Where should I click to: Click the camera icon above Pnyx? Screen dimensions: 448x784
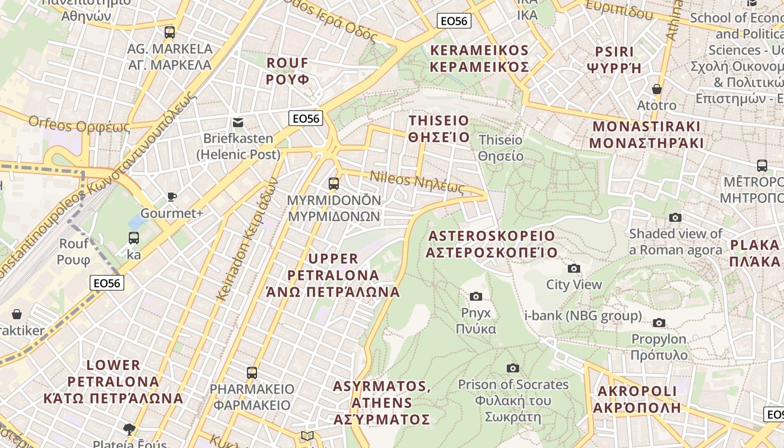point(476,296)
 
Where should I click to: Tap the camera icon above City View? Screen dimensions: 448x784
point(574,268)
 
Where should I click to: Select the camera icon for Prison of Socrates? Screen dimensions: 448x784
point(512,368)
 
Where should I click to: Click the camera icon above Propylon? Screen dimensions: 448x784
point(659,323)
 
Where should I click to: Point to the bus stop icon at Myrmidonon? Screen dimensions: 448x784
point(334,183)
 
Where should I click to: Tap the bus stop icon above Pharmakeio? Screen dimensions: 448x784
point(252,372)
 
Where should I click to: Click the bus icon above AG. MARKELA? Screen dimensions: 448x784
point(170,32)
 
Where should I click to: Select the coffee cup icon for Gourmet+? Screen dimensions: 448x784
point(172,197)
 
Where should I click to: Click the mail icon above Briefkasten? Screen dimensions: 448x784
point(238,122)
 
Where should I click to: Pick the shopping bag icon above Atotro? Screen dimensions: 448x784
point(657,89)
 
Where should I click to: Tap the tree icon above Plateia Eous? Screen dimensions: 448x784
point(129,430)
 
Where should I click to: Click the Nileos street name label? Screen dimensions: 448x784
point(417,182)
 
